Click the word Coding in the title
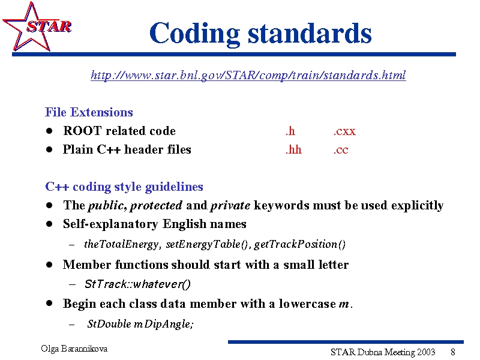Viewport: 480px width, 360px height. click(x=195, y=34)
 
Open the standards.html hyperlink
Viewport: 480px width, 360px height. click(x=248, y=75)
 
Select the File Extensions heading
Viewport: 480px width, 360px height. click(x=89, y=112)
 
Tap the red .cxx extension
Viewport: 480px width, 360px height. click(x=344, y=131)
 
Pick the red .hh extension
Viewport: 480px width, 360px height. click(x=293, y=149)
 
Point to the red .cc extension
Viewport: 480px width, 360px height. click(x=341, y=149)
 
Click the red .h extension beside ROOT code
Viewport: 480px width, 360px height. click(x=290, y=131)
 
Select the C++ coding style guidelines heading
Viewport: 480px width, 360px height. click(x=124, y=187)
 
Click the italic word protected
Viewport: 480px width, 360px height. click(x=156, y=205)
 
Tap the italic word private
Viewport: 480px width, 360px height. click(x=230, y=205)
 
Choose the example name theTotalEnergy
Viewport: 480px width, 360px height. click(x=122, y=244)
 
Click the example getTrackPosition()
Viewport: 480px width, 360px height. click(x=299, y=244)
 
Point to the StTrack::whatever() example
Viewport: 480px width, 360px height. click(x=137, y=284)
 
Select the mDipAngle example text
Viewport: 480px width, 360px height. click(x=164, y=324)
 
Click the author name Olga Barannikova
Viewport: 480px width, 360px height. click(x=74, y=349)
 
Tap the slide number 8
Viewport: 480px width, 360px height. click(x=453, y=352)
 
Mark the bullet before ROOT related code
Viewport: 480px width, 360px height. click(x=49, y=131)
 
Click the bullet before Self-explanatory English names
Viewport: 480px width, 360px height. click(x=49, y=224)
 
